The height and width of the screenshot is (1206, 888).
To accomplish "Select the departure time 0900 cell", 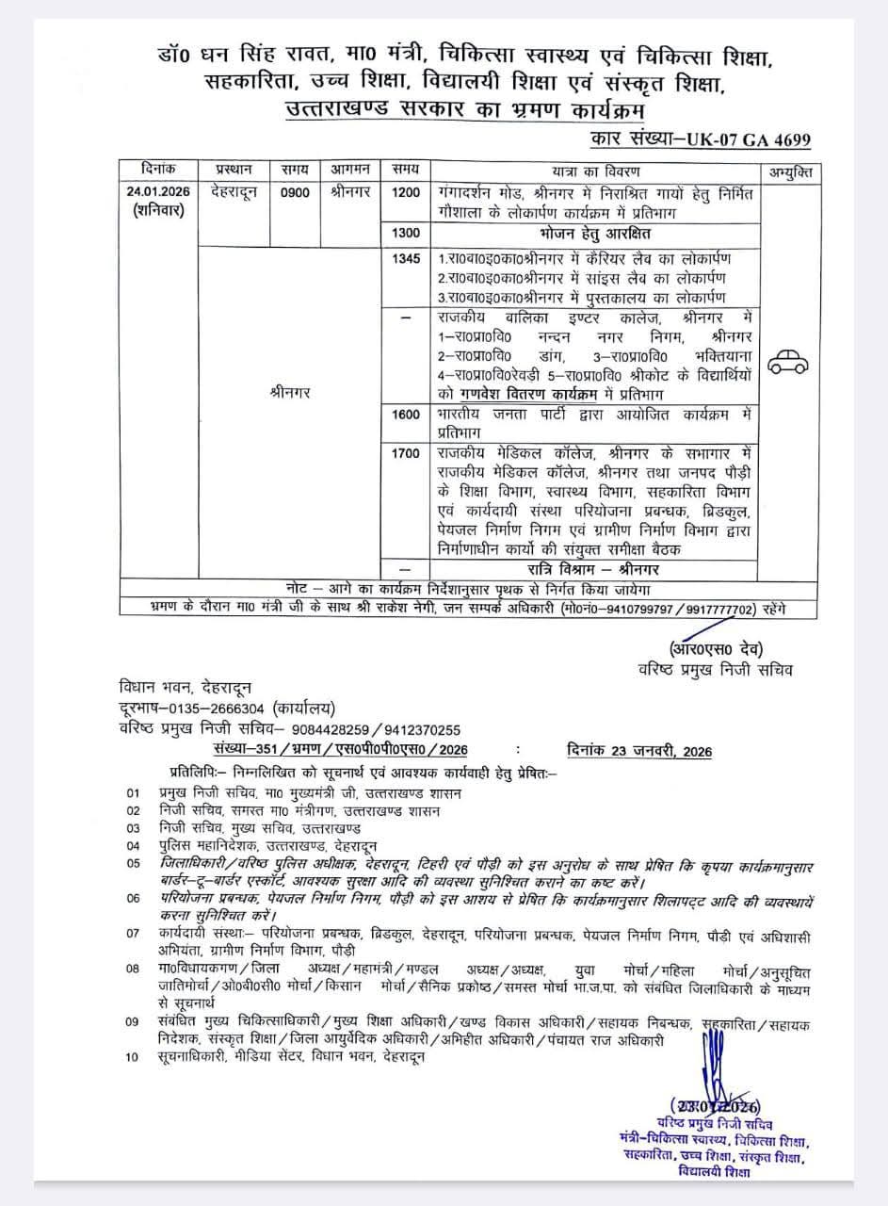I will [289, 192].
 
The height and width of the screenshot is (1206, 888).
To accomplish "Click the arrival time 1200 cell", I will [407, 192].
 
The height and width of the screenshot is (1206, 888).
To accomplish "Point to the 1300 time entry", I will [407, 231].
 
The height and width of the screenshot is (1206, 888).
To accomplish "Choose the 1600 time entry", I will [407, 414].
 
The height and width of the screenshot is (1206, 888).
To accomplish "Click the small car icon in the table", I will [789, 362].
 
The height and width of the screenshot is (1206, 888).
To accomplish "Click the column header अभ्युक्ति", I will [789, 171].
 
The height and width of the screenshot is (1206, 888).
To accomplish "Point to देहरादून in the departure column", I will [234, 192].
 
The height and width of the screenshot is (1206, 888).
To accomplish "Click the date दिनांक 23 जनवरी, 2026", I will [640, 751].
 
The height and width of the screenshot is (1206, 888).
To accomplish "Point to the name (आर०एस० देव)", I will [716, 649].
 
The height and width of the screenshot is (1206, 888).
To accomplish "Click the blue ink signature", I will [713, 1069].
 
